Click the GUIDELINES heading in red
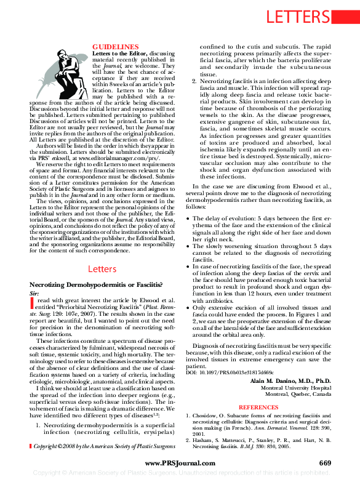coord(115,47)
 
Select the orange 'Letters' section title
coord(103,269)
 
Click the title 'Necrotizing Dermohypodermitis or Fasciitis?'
coord(96,284)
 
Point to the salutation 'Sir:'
coord(34,293)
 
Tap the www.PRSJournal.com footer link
coord(179,463)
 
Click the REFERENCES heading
coord(258,408)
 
